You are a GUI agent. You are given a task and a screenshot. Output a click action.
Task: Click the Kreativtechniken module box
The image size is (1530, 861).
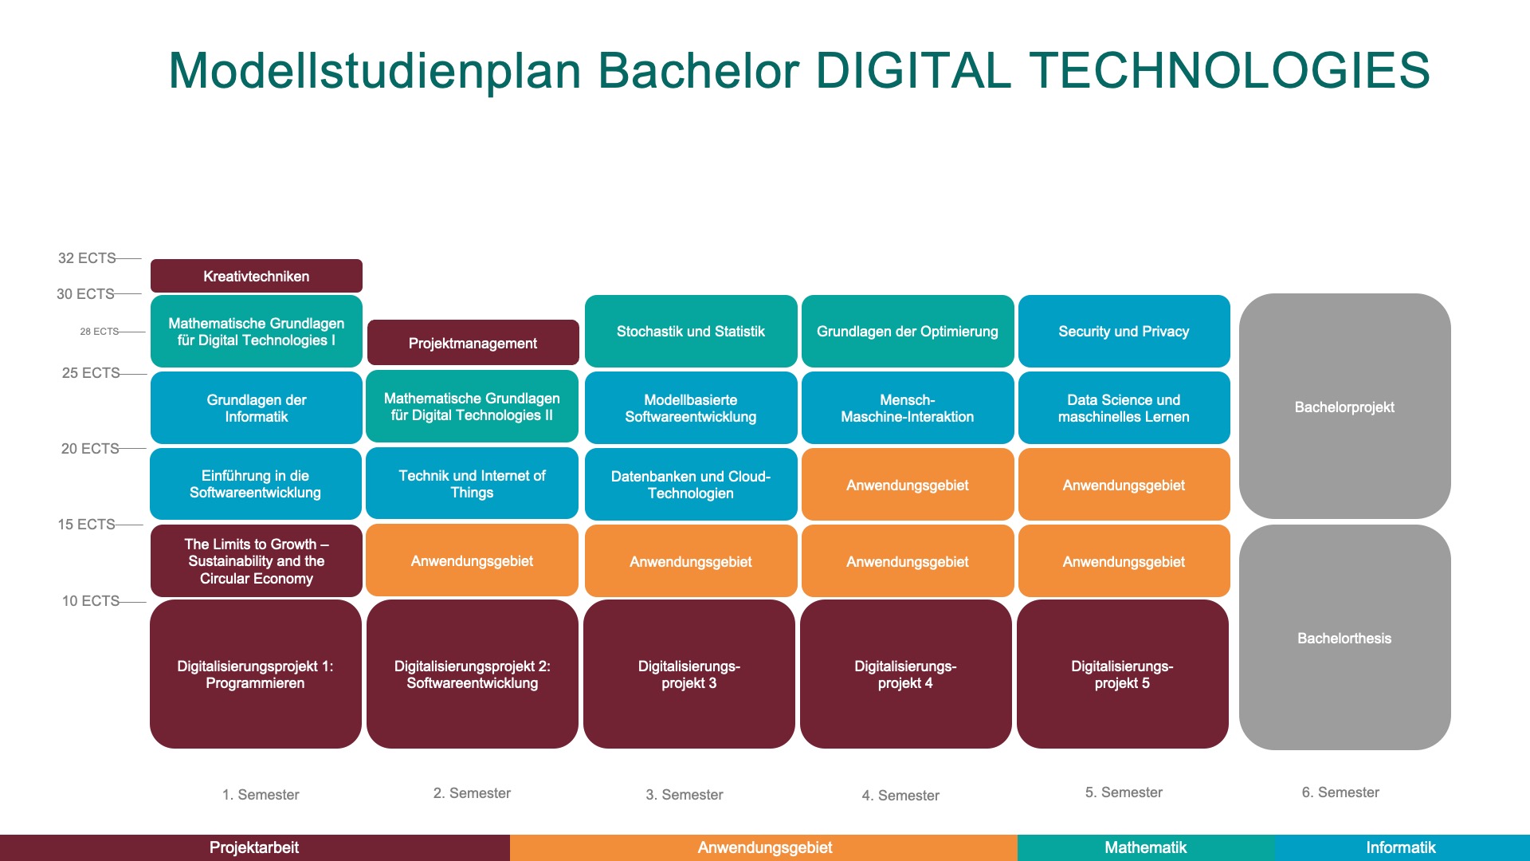coord(257,276)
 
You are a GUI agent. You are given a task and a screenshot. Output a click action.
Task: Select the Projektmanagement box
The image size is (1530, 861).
coord(473,343)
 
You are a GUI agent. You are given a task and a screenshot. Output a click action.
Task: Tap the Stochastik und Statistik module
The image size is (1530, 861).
coord(691,331)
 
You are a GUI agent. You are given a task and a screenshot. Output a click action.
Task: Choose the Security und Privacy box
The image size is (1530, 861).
coord(1124,331)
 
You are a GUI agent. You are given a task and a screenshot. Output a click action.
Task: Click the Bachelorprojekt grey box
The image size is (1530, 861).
coord(1345,407)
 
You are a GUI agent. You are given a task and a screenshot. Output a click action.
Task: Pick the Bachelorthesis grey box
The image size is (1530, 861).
coord(1345,638)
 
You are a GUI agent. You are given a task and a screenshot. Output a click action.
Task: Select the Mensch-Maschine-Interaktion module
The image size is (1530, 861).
coord(908,407)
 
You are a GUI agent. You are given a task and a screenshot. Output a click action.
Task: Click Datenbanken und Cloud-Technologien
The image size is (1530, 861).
coord(691,484)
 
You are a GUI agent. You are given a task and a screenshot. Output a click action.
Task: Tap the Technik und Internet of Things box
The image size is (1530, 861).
coord(473,483)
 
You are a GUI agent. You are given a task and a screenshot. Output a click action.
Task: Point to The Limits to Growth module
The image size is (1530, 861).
coord(257,560)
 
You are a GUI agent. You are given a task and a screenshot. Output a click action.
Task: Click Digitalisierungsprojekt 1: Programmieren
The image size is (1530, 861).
coord(256,674)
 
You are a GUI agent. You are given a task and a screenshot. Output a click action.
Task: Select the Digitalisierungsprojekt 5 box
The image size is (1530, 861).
coord(1123,674)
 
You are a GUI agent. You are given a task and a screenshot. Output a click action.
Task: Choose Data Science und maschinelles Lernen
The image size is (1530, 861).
coord(1124,407)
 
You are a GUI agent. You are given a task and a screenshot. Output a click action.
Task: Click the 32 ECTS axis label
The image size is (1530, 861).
coord(87,258)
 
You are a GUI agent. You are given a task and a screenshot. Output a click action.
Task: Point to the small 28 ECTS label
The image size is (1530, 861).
coord(100,332)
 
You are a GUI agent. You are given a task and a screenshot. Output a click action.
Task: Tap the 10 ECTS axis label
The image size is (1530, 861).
coord(91,601)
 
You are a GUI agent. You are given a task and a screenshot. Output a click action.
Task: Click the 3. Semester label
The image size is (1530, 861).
coord(685,795)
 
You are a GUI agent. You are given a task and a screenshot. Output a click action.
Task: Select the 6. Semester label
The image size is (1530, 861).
coord(1340,792)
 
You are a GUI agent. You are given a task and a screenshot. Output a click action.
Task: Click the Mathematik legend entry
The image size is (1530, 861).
coord(1146,847)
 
